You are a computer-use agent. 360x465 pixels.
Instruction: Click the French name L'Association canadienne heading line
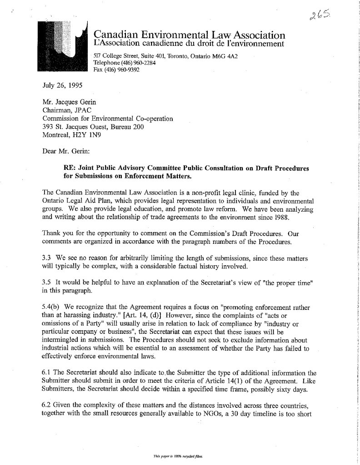[188, 44]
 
